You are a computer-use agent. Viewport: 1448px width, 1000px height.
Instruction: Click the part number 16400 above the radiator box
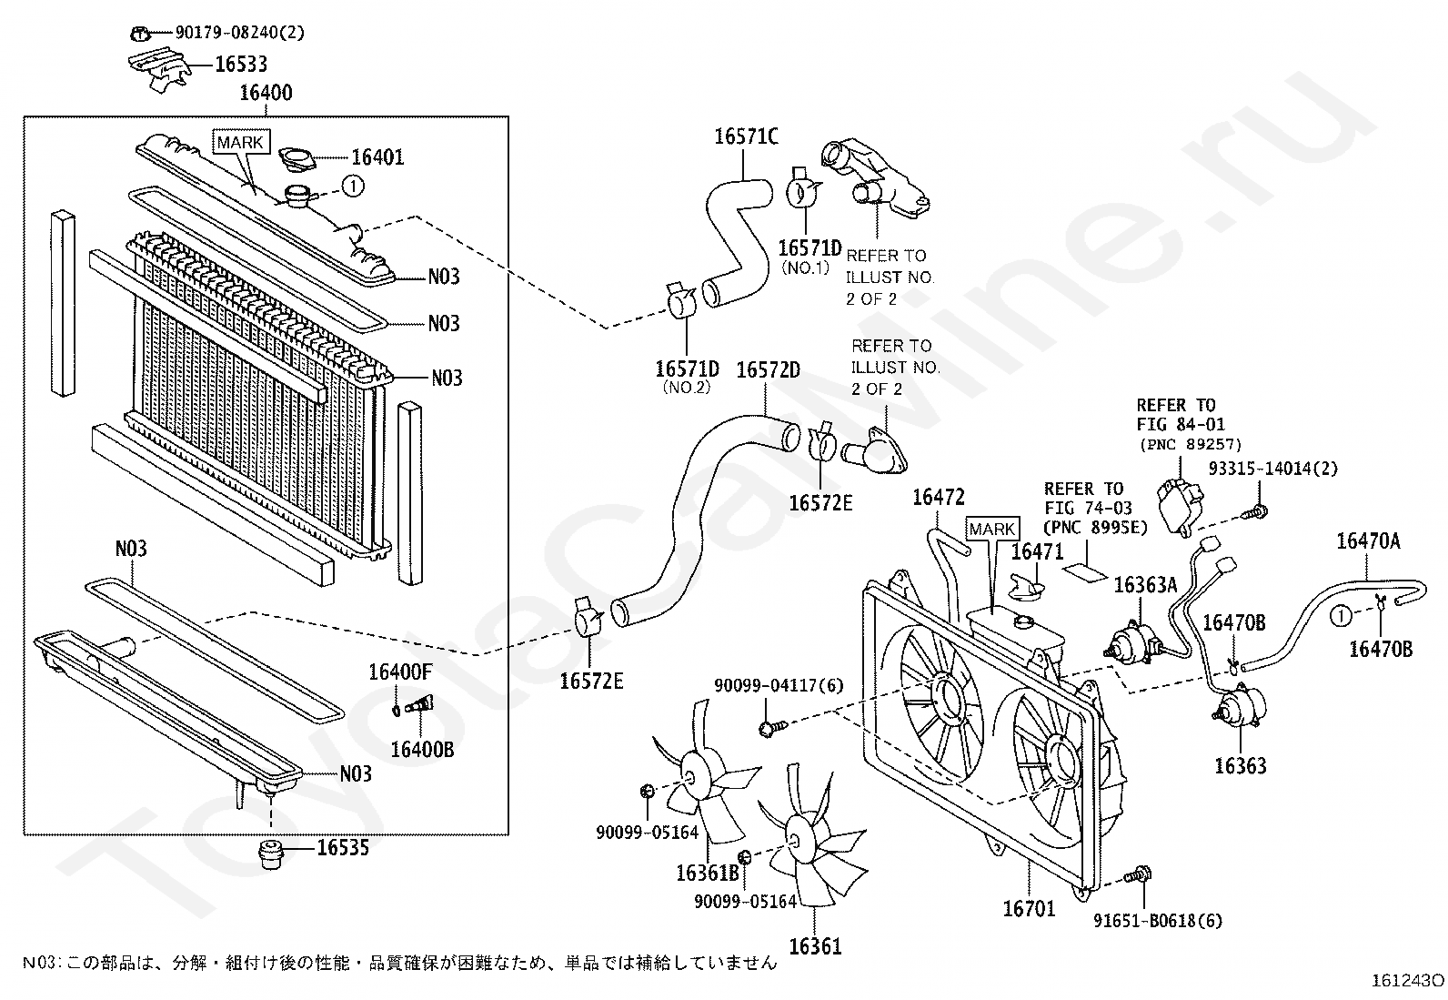click(x=266, y=93)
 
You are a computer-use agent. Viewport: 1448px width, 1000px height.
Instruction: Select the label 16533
click(x=241, y=65)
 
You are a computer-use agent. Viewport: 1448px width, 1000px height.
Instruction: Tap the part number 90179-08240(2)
click(x=226, y=33)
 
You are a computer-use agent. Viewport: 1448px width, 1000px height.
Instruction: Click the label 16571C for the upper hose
click(x=746, y=136)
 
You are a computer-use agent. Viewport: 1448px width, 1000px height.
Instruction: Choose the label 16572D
click(x=768, y=370)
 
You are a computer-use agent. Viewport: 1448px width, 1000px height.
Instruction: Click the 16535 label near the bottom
click(x=343, y=848)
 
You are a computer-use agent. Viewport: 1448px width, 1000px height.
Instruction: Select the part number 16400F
click(x=400, y=673)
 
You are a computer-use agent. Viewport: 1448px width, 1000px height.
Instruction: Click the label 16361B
click(x=707, y=874)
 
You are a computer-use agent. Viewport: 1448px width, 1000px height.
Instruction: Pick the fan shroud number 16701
click(x=1029, y=908)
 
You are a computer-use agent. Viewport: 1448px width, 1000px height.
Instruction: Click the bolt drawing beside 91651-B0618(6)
click(x=1137, y=875)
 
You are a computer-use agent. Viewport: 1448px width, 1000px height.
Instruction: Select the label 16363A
click(x=1145, y=585)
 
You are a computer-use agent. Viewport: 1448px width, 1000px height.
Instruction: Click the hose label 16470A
click(x=1368, y=541)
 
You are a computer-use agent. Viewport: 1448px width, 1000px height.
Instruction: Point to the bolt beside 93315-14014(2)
click(x=1256, y=512)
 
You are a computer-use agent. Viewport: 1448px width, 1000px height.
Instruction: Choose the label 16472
click(x=938, y=497)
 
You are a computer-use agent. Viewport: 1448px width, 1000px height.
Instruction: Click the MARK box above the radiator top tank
click(x=240, y=142)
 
